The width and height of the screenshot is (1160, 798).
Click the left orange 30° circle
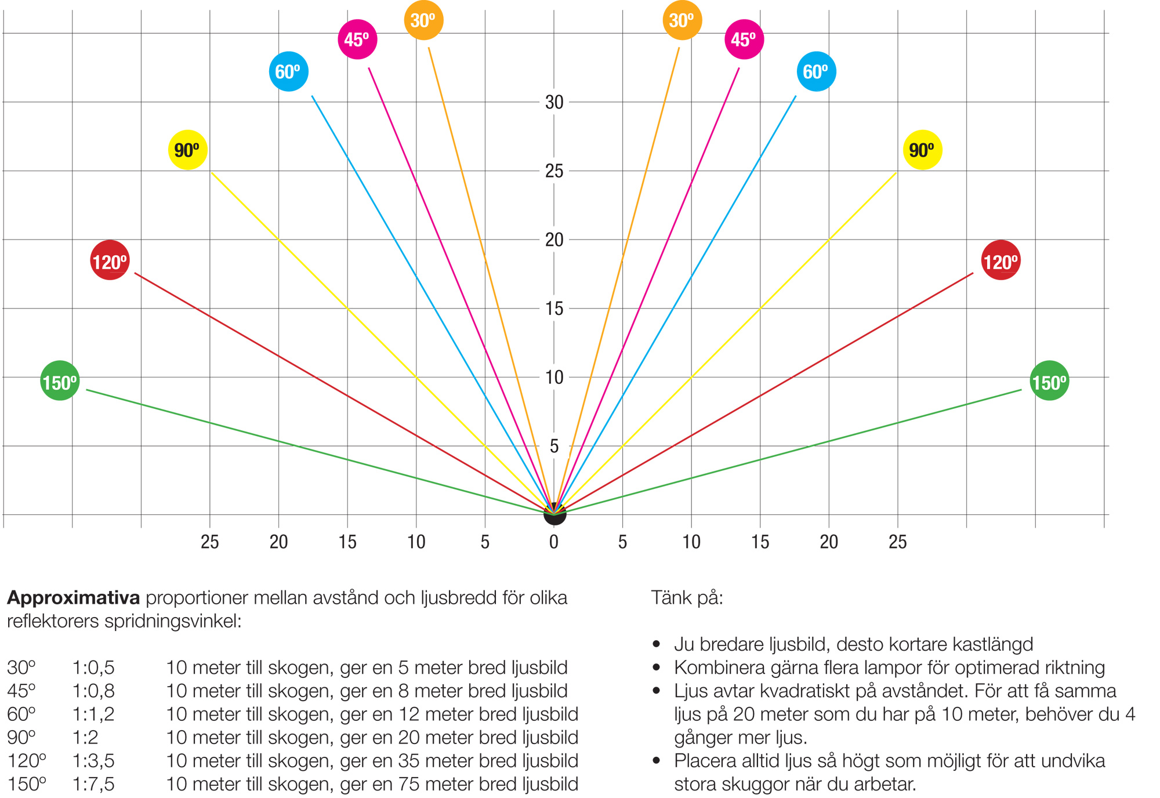tap(423, 20)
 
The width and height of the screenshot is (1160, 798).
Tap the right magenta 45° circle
tap(744, 39)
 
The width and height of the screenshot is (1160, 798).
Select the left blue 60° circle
tap(289, 71)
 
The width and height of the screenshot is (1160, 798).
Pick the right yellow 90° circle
tap(922, 150)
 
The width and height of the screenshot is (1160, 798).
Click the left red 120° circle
tap(110, 260)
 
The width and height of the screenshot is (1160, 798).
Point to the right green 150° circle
tap(1049, 380)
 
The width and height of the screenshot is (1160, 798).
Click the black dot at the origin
tap(554, 514)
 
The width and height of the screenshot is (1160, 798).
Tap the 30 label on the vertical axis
tap(554, 102)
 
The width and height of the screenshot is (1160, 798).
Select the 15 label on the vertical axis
tap(554, 309)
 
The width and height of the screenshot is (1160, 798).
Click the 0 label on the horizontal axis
tap(554, 542)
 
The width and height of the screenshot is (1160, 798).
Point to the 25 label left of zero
tap(210, 542)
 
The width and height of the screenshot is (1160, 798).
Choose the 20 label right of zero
tap(829, 542)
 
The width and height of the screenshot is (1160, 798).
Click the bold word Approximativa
tap(73, 598)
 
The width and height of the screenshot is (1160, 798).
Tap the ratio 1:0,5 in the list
tap(93, 668)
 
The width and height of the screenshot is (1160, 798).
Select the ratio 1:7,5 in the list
tap(93, 784)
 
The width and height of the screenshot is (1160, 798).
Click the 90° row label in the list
tap(21, 737)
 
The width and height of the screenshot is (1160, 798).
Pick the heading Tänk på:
tap(687, 597)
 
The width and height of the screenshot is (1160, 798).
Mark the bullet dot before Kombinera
tap(657, 668)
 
